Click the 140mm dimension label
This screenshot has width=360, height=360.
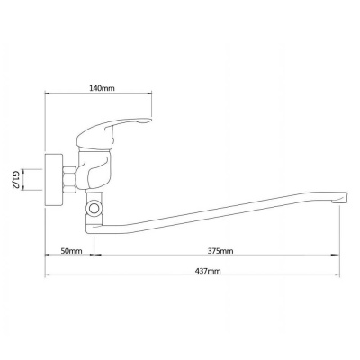pos(102,88)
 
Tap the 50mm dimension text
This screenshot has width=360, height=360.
pos(71,251)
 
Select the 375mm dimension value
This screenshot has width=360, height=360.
pos(220,251)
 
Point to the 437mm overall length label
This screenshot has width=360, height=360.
pos(208,271)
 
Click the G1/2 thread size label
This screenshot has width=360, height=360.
pos(16,180)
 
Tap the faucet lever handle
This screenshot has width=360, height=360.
pos(111,132)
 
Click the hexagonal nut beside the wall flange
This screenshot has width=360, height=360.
pos(69,179)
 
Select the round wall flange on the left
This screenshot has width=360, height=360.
pos(54,180)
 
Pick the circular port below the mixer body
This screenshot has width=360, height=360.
pos(94,207)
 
